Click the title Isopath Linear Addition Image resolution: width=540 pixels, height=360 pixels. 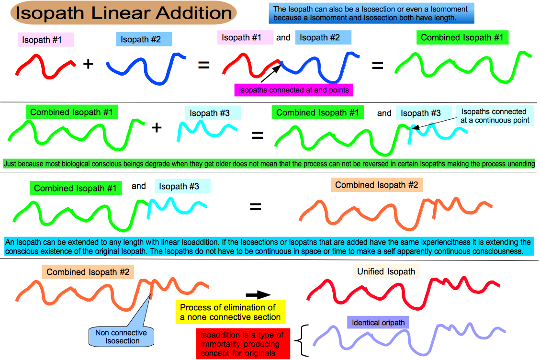coord(124,13)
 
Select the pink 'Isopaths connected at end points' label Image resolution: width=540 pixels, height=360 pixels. coord(294,90)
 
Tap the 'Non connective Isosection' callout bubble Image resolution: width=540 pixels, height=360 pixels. coord(121,337)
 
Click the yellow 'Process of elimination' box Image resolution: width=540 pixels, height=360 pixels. coord(230,312)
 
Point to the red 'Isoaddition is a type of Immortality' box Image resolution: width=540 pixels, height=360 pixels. coord(243,344)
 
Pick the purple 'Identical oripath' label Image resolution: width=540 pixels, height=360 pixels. coord(378,323)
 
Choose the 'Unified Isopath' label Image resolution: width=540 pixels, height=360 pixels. coord(386,271)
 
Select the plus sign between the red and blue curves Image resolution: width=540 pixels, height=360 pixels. coord(88,64)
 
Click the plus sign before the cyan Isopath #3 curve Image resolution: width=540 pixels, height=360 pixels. coord(157,128)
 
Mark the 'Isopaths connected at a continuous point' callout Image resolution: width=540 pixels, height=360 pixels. coord(495,116)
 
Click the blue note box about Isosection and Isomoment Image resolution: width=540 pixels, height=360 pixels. coord(371,13)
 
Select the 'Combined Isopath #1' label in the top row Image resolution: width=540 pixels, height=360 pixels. coord(462,37)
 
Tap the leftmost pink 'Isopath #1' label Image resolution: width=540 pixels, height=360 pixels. coord(45,40)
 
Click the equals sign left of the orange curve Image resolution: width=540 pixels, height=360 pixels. coord(255,207)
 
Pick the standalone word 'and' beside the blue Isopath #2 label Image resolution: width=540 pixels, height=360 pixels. coord(283,37)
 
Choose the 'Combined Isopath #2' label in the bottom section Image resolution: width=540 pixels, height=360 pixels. coord(88,272)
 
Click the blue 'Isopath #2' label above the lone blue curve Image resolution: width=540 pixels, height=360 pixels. coord(144,39)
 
